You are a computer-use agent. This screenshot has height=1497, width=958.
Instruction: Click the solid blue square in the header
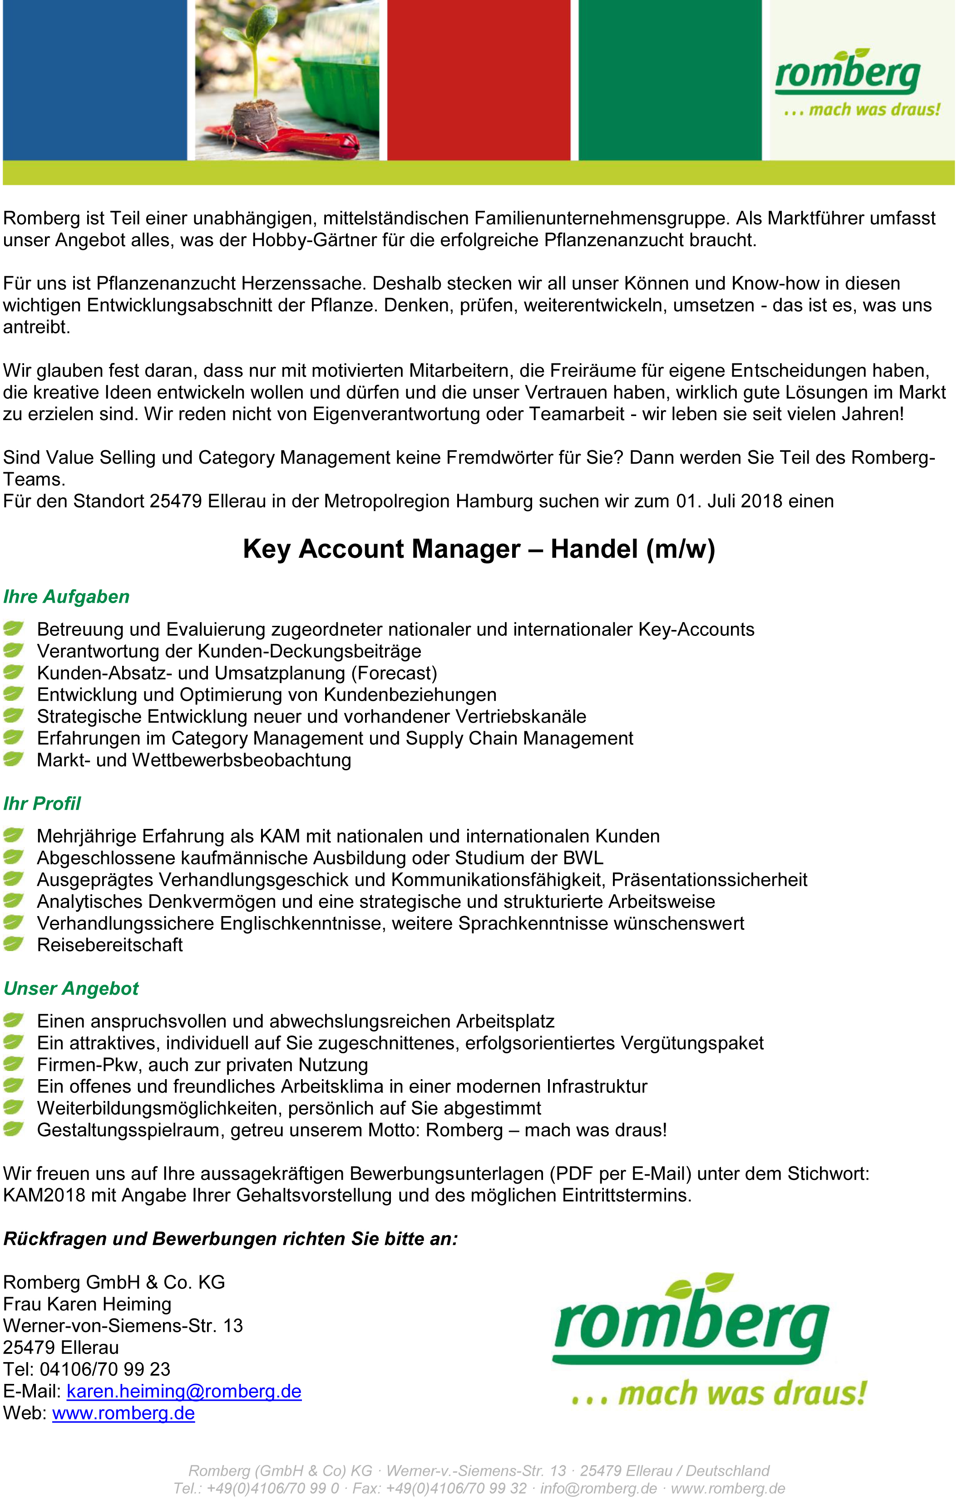click(94, 79)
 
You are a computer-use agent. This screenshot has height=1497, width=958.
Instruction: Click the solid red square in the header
click(479, 79)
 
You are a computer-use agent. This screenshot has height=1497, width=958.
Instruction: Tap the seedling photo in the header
click(287, 79)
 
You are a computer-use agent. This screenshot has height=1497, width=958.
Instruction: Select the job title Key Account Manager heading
click(479, 549)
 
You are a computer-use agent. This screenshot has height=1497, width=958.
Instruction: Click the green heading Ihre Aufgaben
click(67, 597)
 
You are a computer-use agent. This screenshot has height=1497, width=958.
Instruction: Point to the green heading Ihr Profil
click(42, 803)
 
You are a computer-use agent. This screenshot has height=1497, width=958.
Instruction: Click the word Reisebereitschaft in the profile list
click(109, 945)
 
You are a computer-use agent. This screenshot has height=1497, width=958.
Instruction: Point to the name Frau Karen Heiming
click(87, 1304)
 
